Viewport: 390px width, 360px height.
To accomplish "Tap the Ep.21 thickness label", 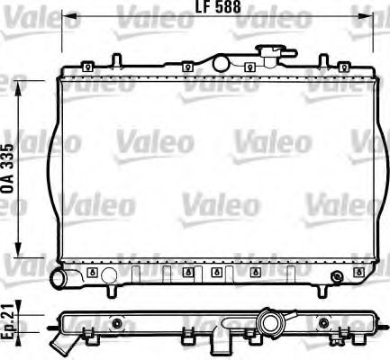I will click(x=10, y=319).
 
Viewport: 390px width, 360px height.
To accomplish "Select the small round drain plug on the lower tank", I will click(x=338, y=275).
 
